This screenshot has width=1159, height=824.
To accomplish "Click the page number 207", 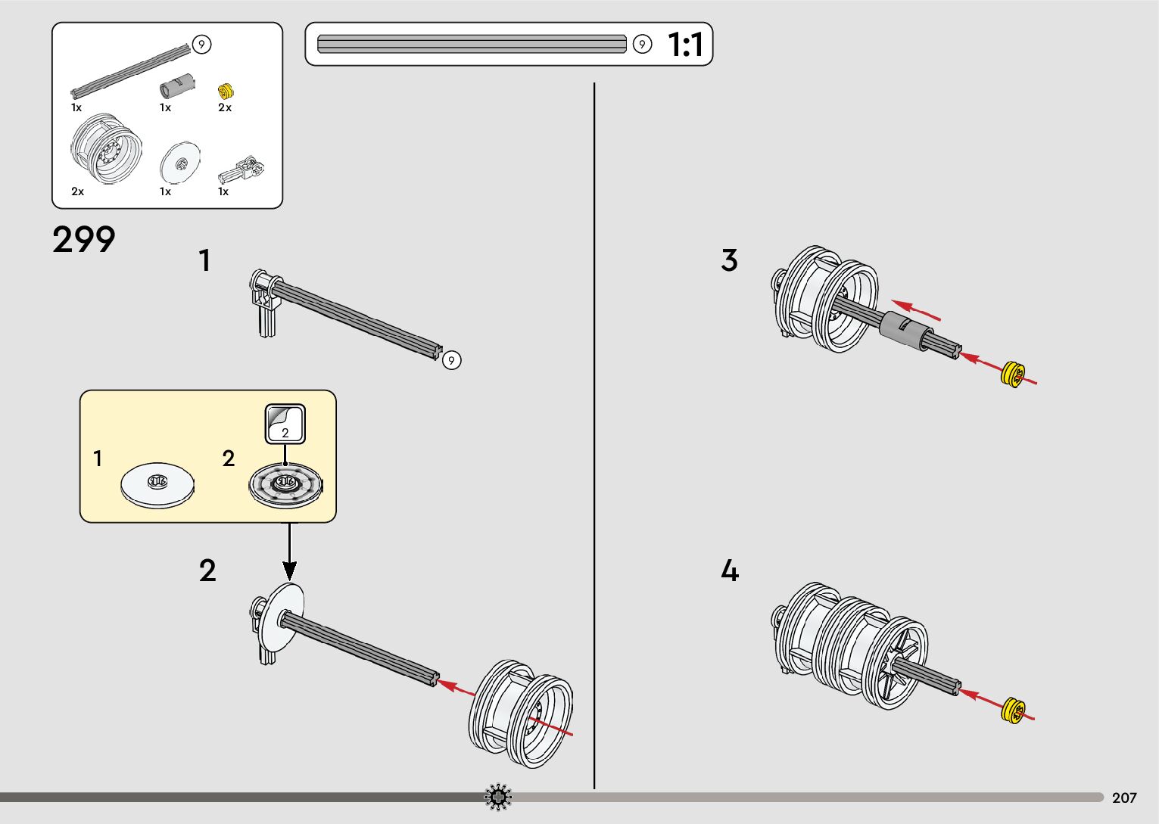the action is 1124,798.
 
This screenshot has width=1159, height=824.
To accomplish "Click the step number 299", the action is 84,240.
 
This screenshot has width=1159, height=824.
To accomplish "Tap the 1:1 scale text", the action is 685,45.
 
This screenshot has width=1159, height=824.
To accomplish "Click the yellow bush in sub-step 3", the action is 1013,374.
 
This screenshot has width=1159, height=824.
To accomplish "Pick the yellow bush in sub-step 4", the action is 1013,710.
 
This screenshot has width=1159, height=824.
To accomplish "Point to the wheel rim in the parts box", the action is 106,149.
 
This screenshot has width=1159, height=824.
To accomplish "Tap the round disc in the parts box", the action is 180,162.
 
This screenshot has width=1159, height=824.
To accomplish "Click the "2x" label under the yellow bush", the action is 225,107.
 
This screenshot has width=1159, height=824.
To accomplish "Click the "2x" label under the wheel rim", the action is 78,191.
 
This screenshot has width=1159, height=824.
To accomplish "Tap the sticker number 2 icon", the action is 285,424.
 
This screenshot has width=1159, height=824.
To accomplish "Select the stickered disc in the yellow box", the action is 285,484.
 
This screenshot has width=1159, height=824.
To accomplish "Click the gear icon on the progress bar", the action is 498,798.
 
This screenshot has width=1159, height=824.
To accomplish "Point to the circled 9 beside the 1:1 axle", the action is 642,45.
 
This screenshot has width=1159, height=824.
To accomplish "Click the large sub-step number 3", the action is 729,260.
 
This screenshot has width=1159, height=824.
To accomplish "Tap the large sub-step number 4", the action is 729,571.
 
